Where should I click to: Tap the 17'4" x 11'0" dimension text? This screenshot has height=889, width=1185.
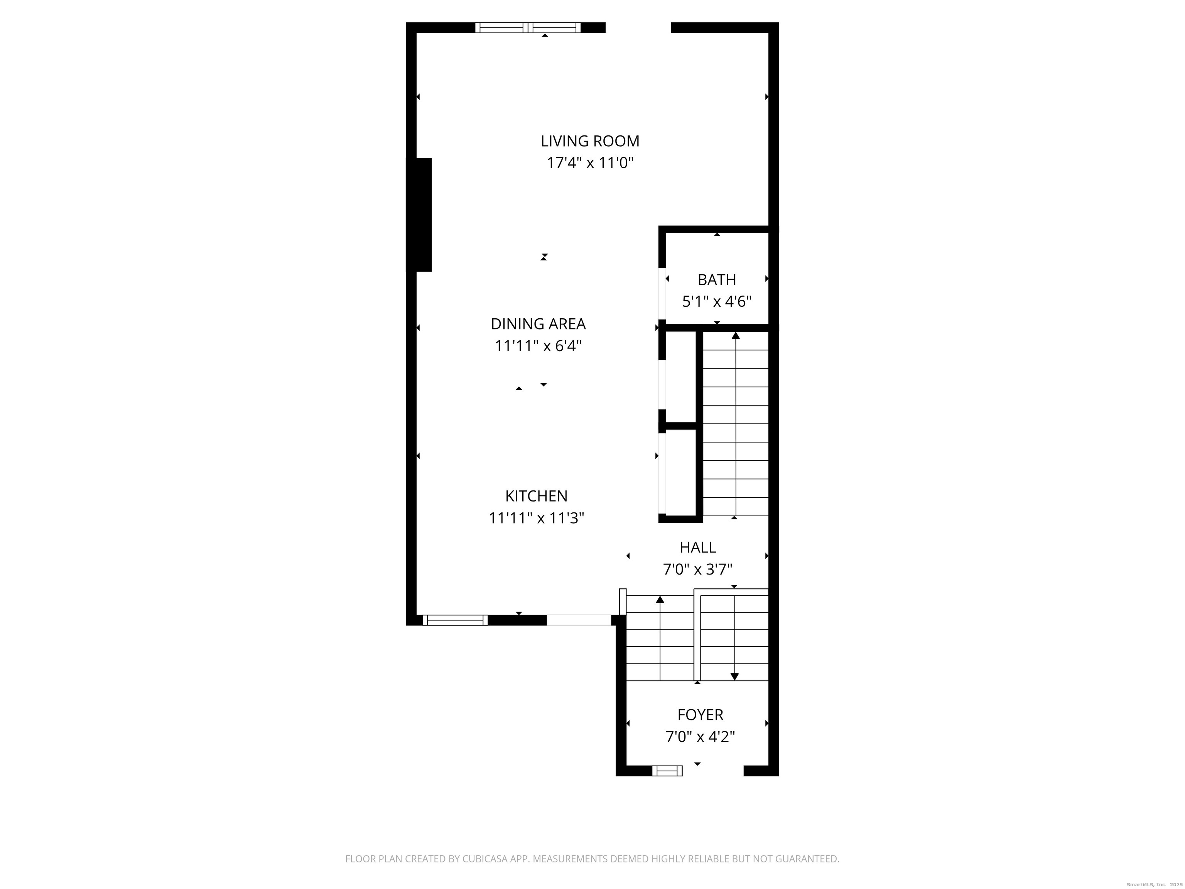click(x=590, y=163)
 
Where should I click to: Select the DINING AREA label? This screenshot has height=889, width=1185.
click(x=538, y=324)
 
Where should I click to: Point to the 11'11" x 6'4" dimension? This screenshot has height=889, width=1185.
click(x=538, y=346)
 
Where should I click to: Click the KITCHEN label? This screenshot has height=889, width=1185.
click(x=536, y=496)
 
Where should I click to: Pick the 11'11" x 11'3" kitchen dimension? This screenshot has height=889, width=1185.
click(x=536, y=518)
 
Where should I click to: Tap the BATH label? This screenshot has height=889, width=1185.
click(x=717, y=280)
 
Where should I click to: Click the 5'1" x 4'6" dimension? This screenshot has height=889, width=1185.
click(x=717, y=302)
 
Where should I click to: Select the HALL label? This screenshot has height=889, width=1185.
click(x=697, y=547)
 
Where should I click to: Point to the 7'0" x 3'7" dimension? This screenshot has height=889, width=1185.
click(x=697, y=569)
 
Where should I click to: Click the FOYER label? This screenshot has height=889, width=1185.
click(x=700, y=715)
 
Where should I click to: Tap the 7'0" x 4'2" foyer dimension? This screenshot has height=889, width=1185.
click(x=700, y=737)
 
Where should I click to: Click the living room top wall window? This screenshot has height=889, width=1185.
click(x=528, y=28)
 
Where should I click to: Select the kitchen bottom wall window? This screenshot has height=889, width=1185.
click(x=455, y=620)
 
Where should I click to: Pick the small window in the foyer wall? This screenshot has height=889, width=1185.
click(x=667, y=771)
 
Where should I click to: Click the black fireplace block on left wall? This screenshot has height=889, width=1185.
click(x=424, y=215)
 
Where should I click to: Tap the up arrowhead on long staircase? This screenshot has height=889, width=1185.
click(x=736, y=335)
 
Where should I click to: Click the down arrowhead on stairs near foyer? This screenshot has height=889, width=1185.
click(x=734, y=677)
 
